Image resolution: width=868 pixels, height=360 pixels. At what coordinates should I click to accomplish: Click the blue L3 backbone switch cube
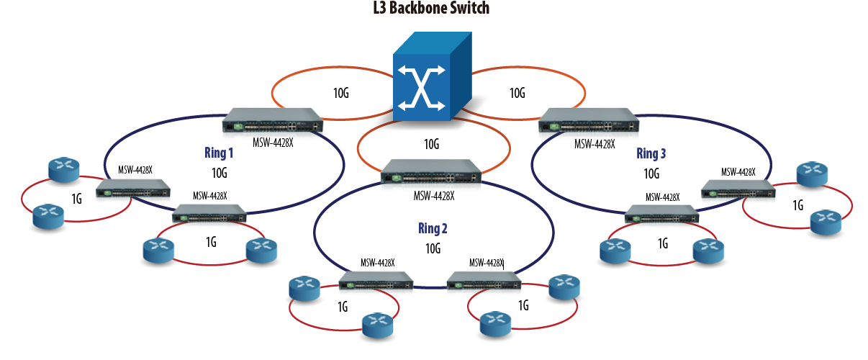click(x=430, y=78)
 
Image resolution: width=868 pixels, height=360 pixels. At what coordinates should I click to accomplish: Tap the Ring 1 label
click(x=220, y=153)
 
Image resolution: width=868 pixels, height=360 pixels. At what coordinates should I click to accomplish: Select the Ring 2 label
click(x=433, y=229)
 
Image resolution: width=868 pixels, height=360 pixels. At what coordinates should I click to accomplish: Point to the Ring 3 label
click(x=651, y=153)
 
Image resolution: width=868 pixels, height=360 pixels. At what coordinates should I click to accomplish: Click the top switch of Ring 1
click(x=274, y=120)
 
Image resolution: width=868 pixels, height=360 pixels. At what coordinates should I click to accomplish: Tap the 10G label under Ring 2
click(x=433, y=248)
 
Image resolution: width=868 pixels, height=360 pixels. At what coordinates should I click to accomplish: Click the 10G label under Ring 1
click(x=220, y=173)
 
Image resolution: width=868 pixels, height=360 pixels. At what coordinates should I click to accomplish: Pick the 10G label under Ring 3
click(x=651, y=173)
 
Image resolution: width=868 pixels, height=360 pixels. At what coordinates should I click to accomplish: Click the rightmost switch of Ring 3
click(x=738, y=189)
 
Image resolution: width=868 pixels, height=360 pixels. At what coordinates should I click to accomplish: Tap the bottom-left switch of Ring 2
click(x=376, y=281)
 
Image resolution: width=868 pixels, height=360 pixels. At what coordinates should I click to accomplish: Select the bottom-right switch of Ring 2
click(x=484, y=281)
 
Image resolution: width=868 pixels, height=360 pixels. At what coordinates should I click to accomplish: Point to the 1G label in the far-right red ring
click(x=797, y=206)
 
